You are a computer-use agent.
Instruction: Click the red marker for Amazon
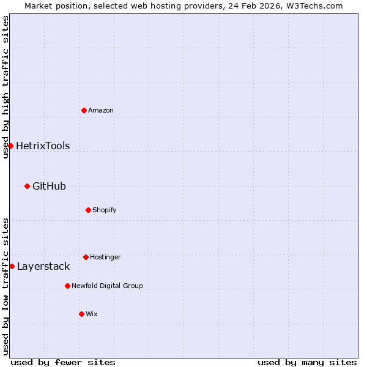coord(84,110)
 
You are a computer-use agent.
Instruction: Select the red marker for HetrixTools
coord(10,146)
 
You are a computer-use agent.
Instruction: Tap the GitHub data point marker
coord(27,186)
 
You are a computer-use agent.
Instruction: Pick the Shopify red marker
coord(88,210)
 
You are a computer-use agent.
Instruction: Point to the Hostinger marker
coord(86,257)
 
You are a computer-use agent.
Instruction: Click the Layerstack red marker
coord(12,266)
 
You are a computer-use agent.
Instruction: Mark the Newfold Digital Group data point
coord(67,286)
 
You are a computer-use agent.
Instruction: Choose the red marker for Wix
coord(81,314)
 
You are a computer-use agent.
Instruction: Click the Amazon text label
coord(101,110)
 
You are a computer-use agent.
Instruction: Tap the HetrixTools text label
coord(43,146)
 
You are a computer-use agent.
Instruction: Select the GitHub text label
coord(49,186)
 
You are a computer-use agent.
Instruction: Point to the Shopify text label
coord(105,210)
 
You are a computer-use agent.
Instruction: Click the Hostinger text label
coord(105,257)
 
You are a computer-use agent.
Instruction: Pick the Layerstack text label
coord(43,266)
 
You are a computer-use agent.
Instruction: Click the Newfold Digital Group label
coord(107,286)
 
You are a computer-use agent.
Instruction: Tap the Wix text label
coord(92,314)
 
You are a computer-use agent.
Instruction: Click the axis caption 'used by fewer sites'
coord(63,362)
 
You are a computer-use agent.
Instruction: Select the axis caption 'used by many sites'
coord(307,362)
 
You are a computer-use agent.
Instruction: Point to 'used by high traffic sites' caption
coord(6,87)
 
